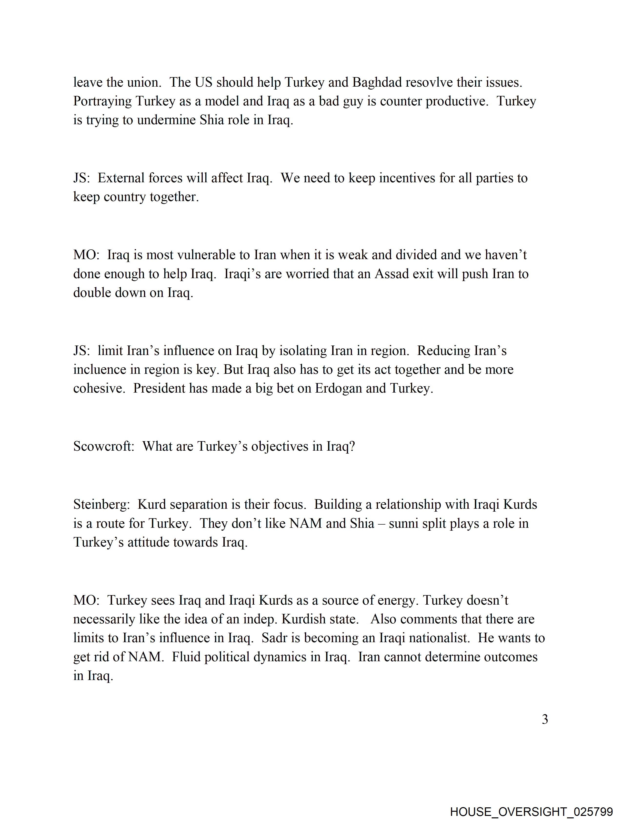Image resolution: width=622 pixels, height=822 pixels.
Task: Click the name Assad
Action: [x=392, y=274]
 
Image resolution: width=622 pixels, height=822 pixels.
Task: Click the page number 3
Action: [x=545, y=720]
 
